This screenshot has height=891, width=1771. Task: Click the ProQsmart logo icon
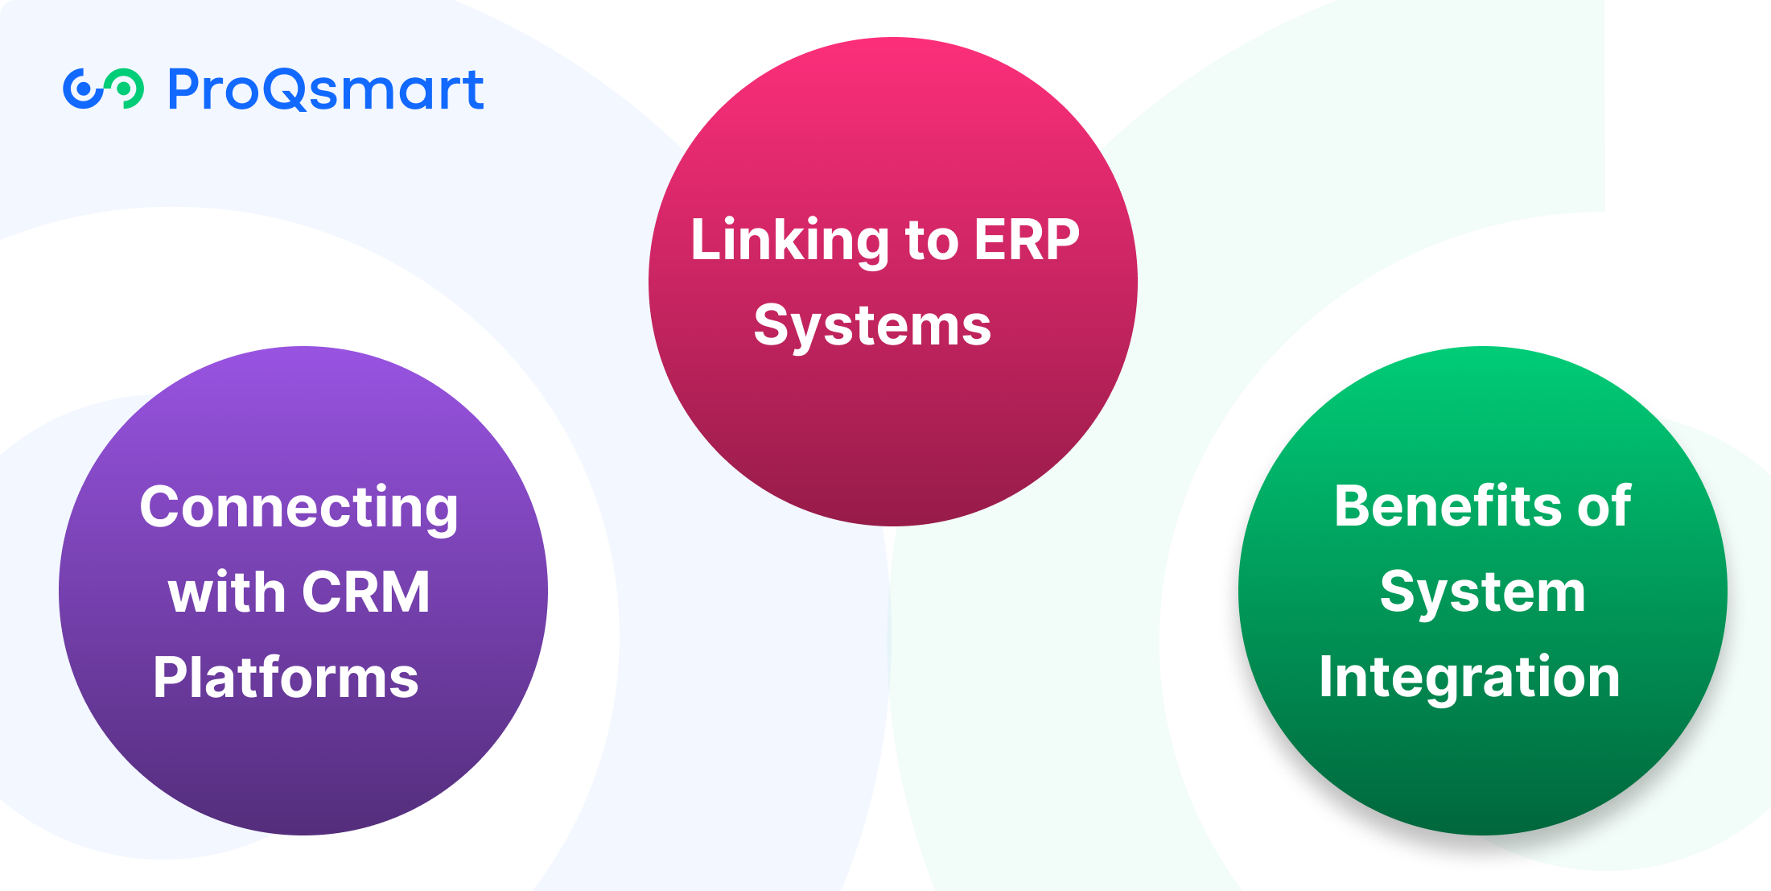103,89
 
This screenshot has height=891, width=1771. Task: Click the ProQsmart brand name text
326,89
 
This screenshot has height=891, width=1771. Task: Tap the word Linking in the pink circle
789,240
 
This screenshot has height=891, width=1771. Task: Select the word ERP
1027,239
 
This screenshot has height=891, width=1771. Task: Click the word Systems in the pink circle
872,325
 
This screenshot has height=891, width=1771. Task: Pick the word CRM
366,592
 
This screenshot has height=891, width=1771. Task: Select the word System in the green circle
1482,592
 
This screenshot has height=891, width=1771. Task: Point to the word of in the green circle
1604,506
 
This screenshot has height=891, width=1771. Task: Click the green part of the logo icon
128,88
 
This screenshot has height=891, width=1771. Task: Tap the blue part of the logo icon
81,89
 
